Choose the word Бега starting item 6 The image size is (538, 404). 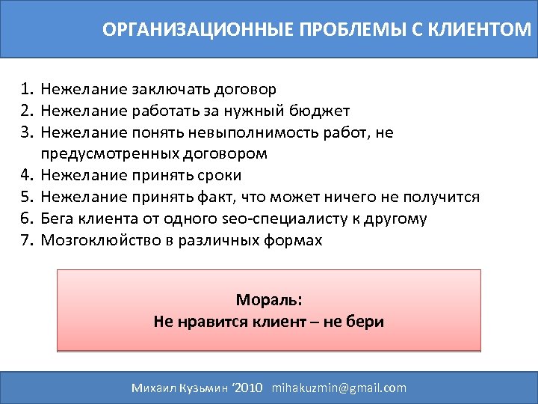point(58,218)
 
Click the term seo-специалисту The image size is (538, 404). point(273,218)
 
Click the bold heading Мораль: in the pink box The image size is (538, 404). point(269,300)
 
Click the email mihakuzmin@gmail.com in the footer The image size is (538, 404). point(339,388)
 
